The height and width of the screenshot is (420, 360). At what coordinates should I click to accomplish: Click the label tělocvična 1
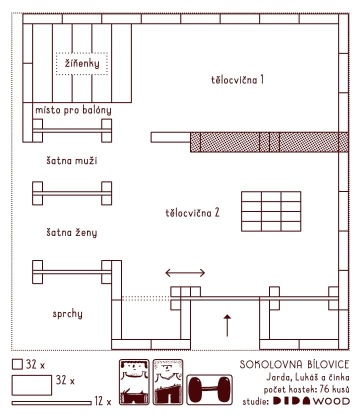point(237,80)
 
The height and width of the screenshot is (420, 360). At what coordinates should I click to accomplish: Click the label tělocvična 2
point(192,213)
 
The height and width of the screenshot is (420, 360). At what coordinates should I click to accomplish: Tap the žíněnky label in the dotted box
point(82,63)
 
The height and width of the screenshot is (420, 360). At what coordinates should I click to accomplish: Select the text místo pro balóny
point(73,110)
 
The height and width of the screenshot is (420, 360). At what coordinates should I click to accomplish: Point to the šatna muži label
point(72,161)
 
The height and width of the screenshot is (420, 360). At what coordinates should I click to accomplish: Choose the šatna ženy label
point(72,232)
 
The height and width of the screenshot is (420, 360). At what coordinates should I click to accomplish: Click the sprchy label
point(67,314)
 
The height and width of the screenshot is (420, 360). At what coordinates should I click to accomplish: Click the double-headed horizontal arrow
point(185,273)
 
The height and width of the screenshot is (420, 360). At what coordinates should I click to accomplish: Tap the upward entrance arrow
point(227,325)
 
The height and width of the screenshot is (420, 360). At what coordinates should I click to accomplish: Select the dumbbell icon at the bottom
point(209,390)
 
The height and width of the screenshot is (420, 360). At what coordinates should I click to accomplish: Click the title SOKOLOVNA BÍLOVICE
point(294,364)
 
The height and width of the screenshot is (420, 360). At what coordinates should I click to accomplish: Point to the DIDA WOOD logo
point(311,401)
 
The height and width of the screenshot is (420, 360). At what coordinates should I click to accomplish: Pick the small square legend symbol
point(17,364)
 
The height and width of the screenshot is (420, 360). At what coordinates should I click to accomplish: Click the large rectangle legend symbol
point(32,385)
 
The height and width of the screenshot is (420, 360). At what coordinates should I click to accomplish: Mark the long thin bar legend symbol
point(52,403)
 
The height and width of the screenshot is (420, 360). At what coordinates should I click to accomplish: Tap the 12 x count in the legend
point(103,401)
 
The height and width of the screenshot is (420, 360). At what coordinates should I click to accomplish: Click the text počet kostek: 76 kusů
point(307,389)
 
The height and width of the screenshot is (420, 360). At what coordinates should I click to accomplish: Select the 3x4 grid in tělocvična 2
point(271,211)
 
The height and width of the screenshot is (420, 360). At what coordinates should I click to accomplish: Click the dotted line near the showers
point(146,298)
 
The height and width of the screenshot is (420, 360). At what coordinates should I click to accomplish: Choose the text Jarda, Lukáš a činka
point(308,377)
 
